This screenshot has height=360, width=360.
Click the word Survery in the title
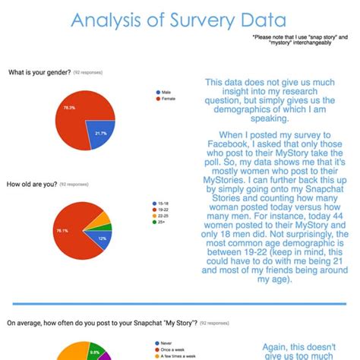tap(205, 21)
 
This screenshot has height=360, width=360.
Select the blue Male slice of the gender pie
tap(99, 131)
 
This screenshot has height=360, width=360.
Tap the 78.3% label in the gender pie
tap(69, 108)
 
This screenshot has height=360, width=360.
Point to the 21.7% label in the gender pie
tap(100, 133)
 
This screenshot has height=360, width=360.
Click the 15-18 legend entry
tap(163, 204)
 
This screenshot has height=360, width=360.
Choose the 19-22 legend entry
tap(163, 210)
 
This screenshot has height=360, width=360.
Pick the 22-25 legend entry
tap(163, 216)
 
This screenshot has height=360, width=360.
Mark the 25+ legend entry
tap(162, 223)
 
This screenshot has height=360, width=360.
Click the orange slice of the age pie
tap(104, 219)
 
